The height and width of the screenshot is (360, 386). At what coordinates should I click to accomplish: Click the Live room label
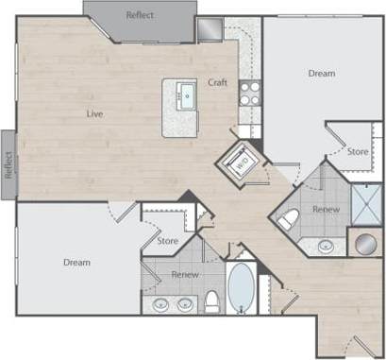(94, 114)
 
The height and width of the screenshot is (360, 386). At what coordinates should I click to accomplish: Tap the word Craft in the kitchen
(218, 83)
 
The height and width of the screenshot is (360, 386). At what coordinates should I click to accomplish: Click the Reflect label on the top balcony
(141, 16)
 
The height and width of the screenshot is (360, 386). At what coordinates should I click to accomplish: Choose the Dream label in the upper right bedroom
(322, 73)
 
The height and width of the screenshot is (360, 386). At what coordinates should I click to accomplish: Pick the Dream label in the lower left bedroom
(77, 262)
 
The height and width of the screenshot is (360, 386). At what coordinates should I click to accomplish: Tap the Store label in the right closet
(358, 151)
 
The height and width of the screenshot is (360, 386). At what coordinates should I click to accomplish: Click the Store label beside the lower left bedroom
(168, 241)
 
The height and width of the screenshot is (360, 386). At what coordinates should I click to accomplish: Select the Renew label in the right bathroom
(326, 209)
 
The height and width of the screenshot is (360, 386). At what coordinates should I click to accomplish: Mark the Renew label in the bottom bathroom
(184, 274)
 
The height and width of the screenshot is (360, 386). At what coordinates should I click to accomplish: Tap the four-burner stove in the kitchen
(249, 93)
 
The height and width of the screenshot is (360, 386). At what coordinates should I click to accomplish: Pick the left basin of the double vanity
(161, 305)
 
